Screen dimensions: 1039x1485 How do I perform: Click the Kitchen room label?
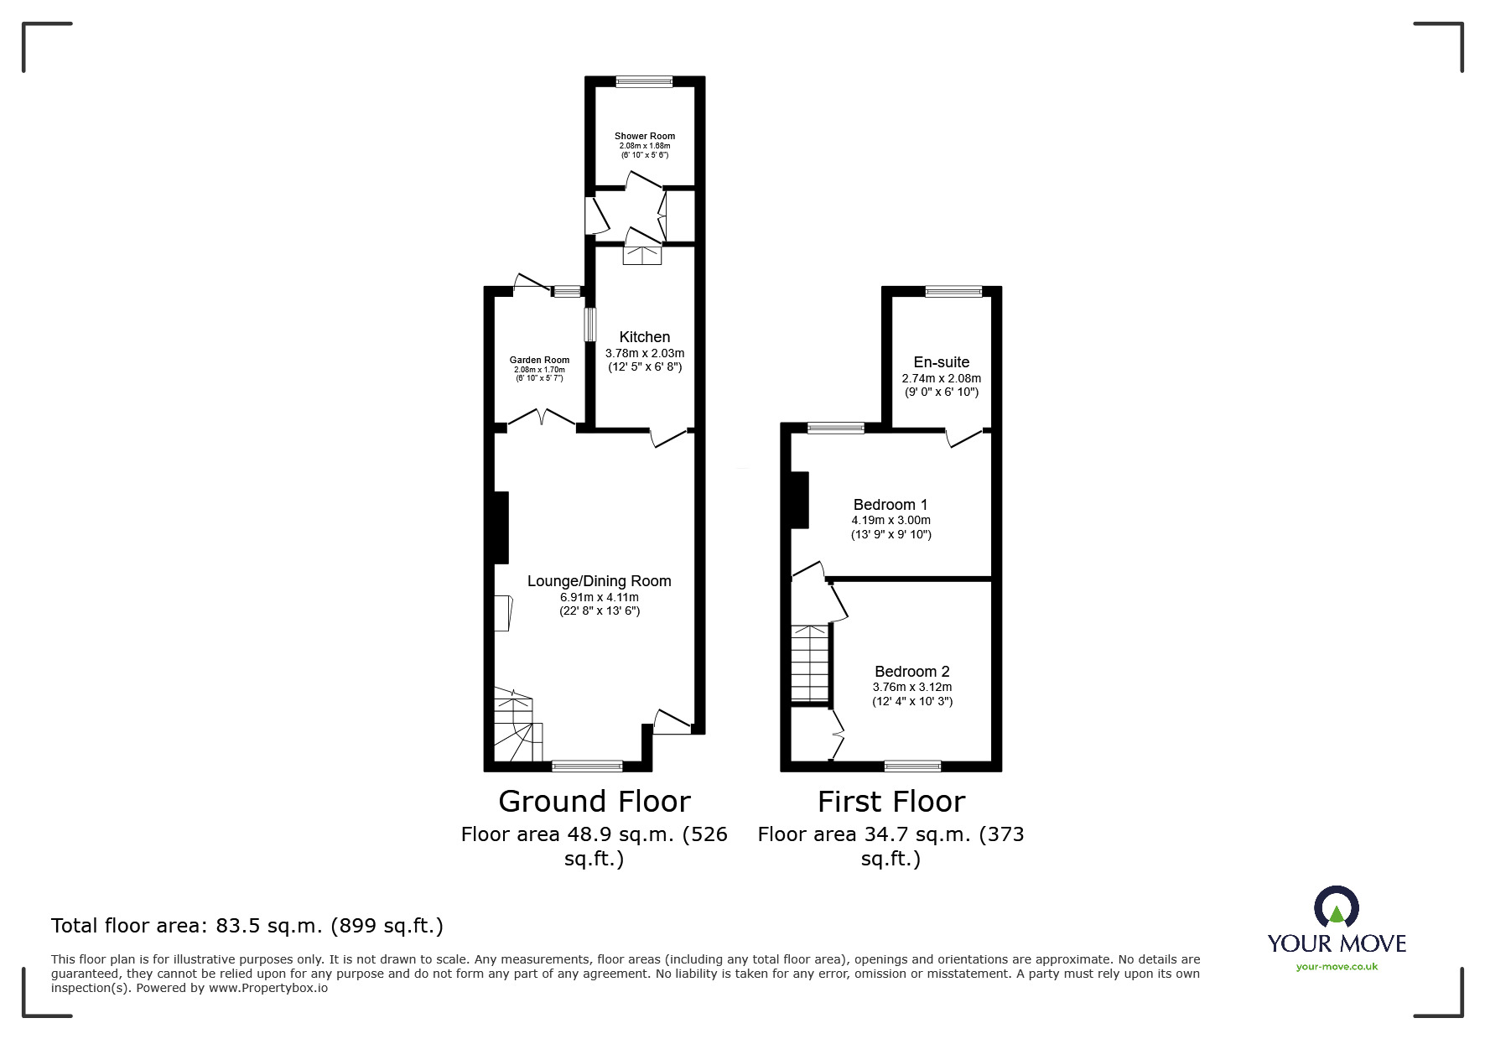point(644,337)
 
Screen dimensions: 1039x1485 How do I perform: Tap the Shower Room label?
point(644,136)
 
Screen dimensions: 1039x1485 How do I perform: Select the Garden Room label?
point(539,360)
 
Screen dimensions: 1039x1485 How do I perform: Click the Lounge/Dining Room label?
point(599,581)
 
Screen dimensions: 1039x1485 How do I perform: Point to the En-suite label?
point(941,362)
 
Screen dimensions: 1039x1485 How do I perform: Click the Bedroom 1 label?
point(890,505)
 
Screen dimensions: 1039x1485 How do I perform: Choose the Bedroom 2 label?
point(911,672)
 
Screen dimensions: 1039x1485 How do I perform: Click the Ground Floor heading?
point(594,802)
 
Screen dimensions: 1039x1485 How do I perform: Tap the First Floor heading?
point(890,802)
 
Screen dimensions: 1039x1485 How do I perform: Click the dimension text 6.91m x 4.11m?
point(599,597)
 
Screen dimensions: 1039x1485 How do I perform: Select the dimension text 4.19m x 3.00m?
point(890,520)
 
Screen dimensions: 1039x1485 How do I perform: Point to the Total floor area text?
point(247,926)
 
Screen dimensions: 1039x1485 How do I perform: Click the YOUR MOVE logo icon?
point(1336,907)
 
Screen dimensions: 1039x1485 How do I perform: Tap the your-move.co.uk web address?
point(1337,967)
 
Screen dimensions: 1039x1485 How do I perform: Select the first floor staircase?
point(810,664)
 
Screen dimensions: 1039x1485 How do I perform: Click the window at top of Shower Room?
point(644,81)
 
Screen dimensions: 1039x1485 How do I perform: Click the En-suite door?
point(964,437)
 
